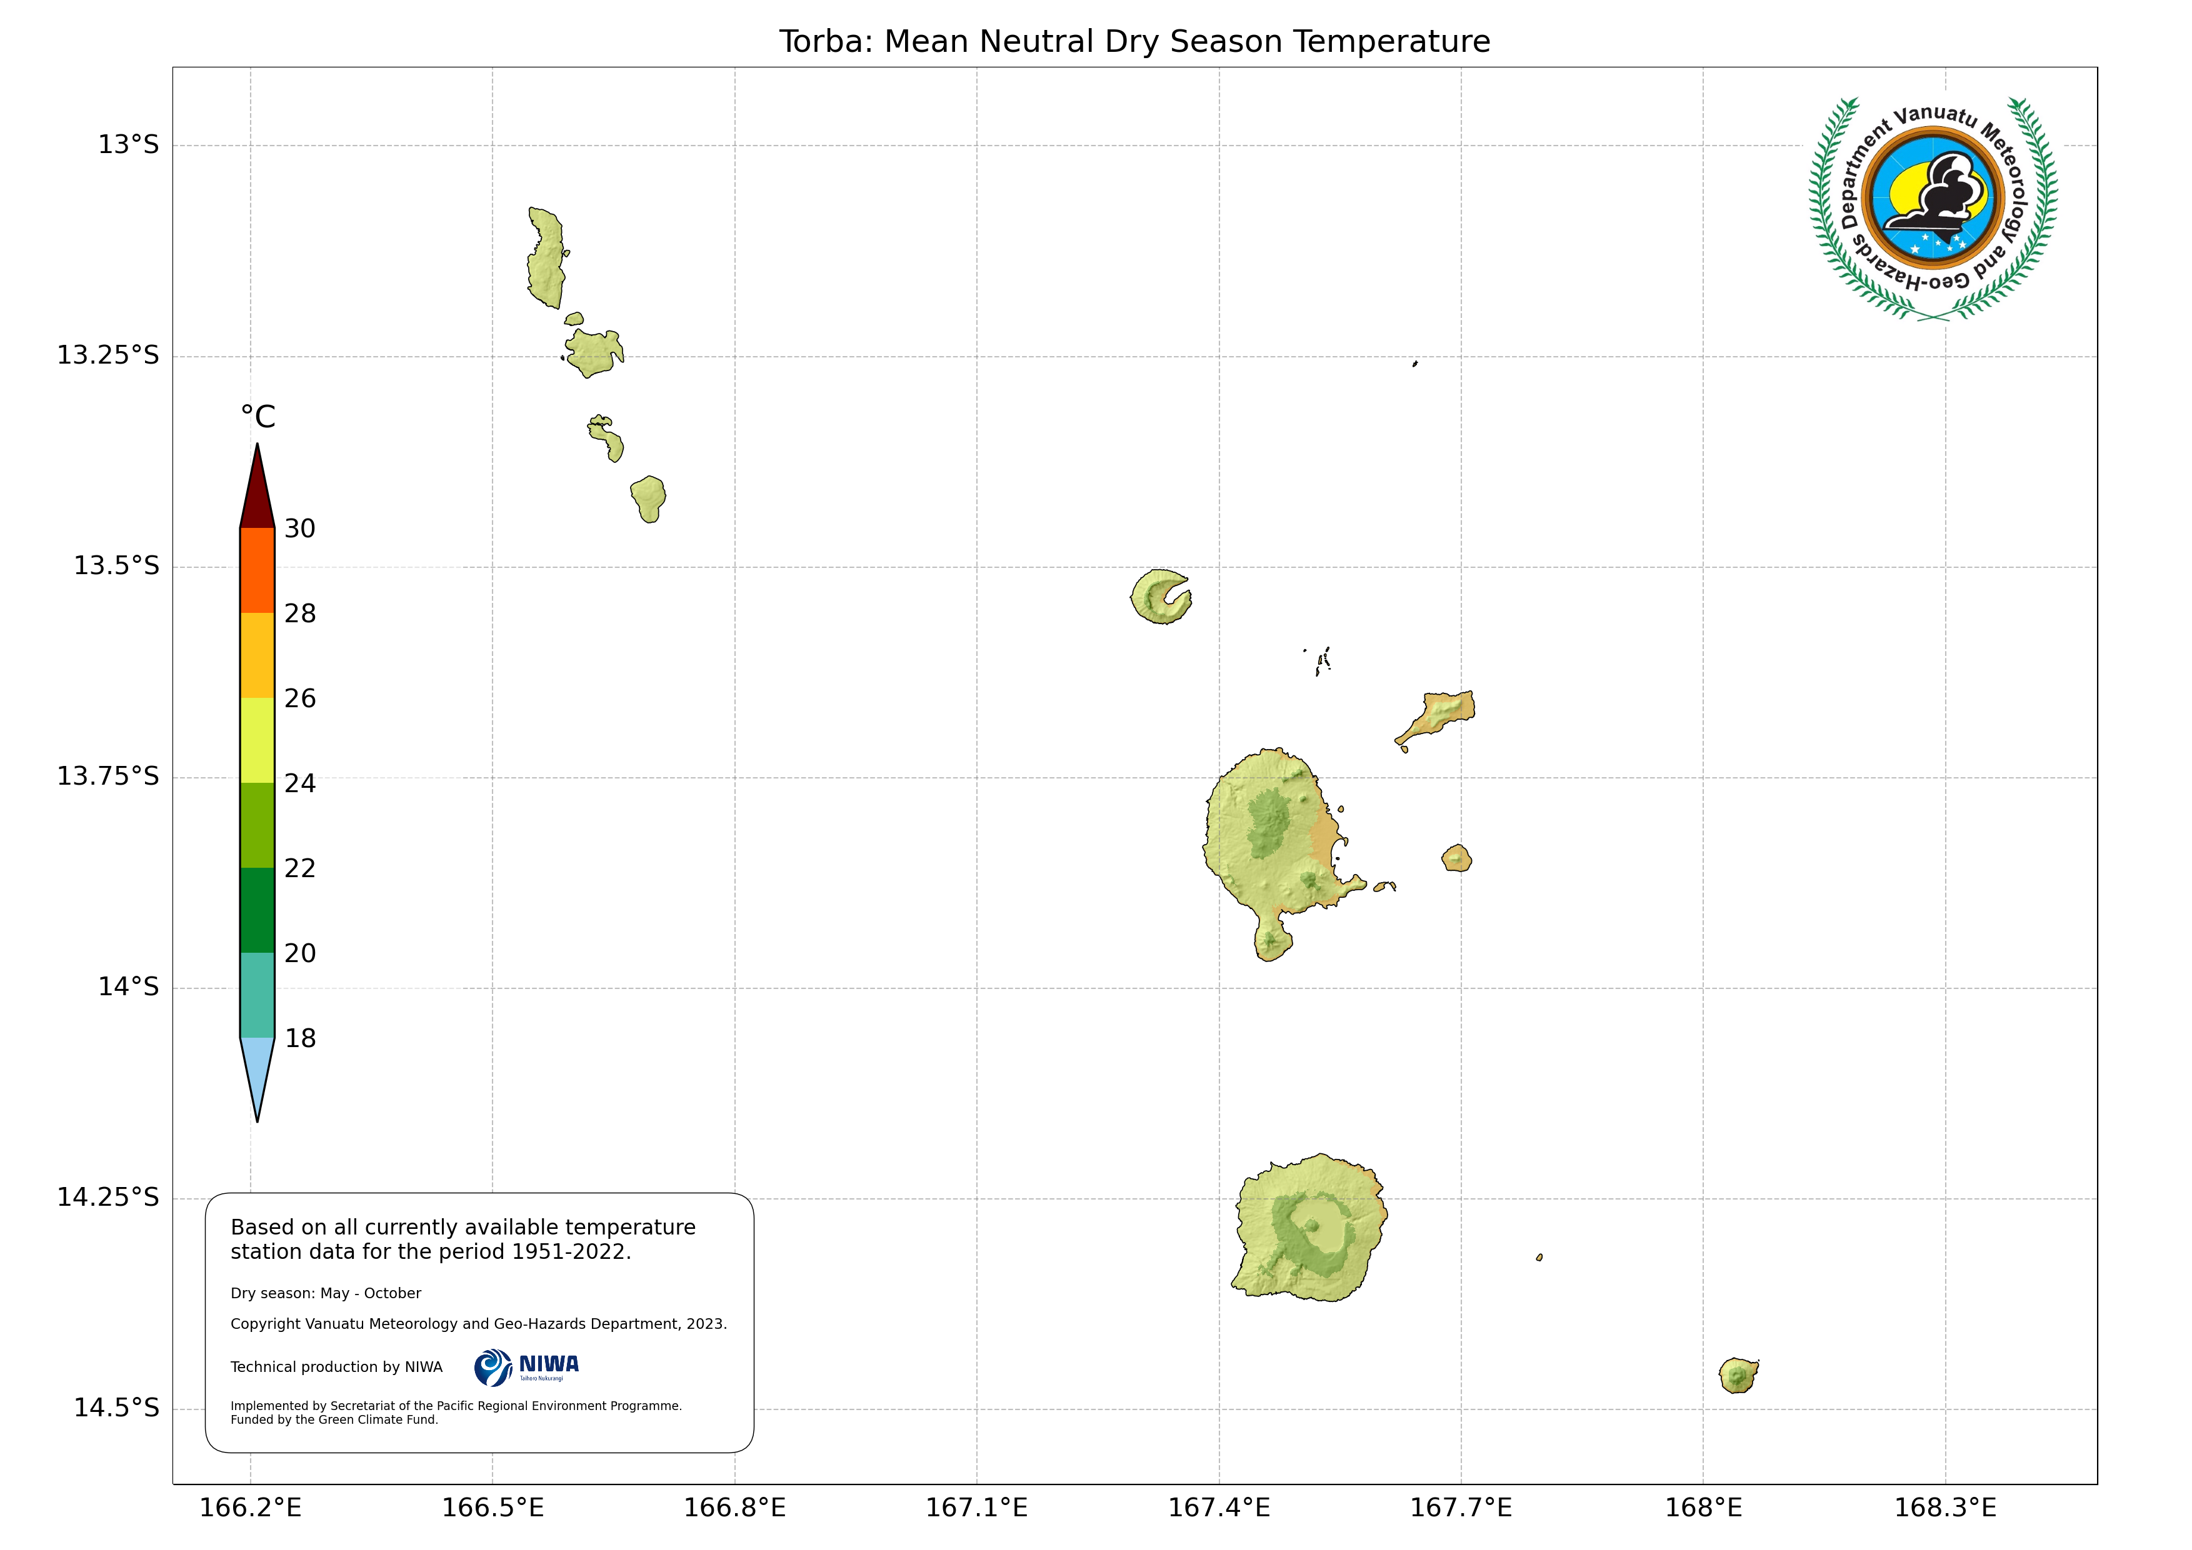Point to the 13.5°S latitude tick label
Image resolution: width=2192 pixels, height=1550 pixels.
(x=116, y=566)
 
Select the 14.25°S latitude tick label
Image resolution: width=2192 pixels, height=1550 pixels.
(x=108, y=1197)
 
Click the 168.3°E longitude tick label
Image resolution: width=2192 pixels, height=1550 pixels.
(x=1944, y=1508)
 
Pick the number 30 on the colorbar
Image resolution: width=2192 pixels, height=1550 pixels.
(x=300, y=529)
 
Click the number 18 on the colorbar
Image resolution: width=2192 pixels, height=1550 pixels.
(x=300, y=1038)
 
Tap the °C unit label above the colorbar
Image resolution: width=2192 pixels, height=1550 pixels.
(x=258, y=417)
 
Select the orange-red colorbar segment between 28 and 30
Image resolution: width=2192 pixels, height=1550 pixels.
(x=257, y=570)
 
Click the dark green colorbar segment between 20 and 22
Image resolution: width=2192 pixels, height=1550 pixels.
(x=257, y=910)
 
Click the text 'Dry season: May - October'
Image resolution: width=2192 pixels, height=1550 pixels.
(x=326, y=1293)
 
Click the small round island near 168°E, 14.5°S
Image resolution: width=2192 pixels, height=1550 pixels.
(x=1738, y=1375)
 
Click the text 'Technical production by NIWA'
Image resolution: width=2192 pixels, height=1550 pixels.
(x=336, y=1367)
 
